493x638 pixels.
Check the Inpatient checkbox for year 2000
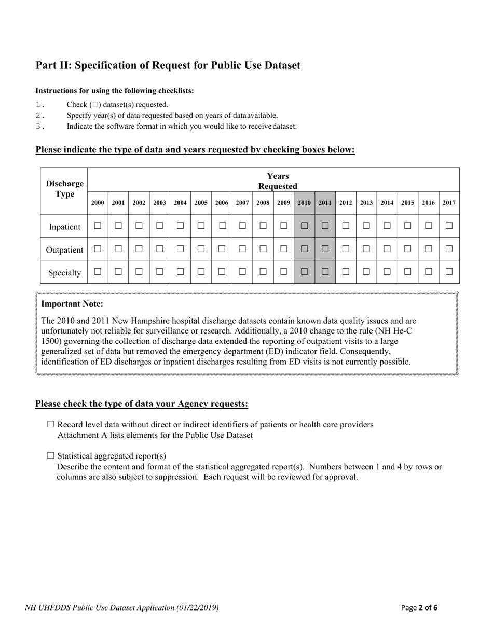(x=98, y=226)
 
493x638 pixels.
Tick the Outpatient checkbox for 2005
(x=201, y=249)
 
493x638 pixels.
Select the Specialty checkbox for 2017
(x=449, y=271)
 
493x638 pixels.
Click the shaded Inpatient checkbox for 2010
(x=304, y=226)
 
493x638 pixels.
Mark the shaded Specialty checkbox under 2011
(x=325, y=271)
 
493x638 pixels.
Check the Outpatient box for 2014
(x=387, y=249)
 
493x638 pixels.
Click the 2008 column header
(x=263, y=203)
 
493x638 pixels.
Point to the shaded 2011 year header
(x=325, y=203)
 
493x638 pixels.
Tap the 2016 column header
(x=428, y=203)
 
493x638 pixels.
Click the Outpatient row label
(x=64, y=249)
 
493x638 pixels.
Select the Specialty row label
(x=64, y=272)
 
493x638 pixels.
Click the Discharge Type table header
(x=64, y=189)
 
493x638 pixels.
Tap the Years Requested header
(x=278, y=181)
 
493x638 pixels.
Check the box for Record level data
(x=50, y=424)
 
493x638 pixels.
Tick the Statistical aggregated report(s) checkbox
(x=50, y=455)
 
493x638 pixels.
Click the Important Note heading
(x=72, y=304)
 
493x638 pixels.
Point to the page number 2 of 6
(x=419, y=607)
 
